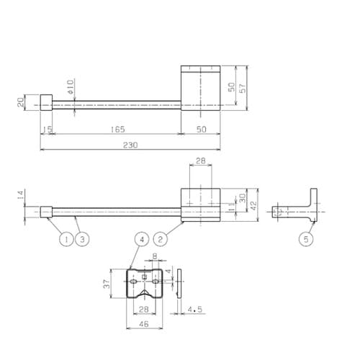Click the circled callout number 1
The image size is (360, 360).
pyautogui.click(x=66, y=239)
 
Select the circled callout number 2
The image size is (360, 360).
pyautogui.click(x=161, y=239)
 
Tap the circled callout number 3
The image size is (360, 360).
pyautogui.click(x=82, y=239)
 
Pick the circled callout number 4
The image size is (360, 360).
pyautogui.click(x=142, y=239)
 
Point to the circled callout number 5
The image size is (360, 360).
pyautogui.click(x=306, y=239)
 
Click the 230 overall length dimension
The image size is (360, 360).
pyautogui.click(x=130, y=145)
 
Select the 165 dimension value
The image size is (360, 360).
pyautogui.click(x=118, y=130)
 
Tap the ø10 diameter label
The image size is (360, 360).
pyautogui.click(x=71, y=86)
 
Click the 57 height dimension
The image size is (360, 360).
pyautogui.click(x=243, y=88)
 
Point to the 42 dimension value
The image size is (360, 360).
pyautogui.click(x=253, y=206)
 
